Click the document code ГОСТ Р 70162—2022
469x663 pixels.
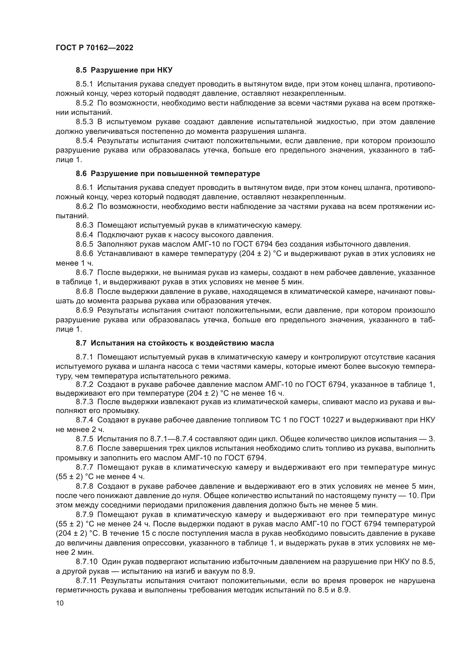click(94, 48)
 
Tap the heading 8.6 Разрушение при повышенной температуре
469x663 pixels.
click(168, 173)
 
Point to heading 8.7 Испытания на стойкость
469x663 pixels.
click(175, 343)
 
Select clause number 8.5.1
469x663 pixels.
click(84, 84)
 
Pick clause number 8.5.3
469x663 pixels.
click(84, 122)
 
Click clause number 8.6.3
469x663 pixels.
click(84, 225)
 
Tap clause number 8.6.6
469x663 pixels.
click(84, 253)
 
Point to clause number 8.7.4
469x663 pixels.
click(84, 420)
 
